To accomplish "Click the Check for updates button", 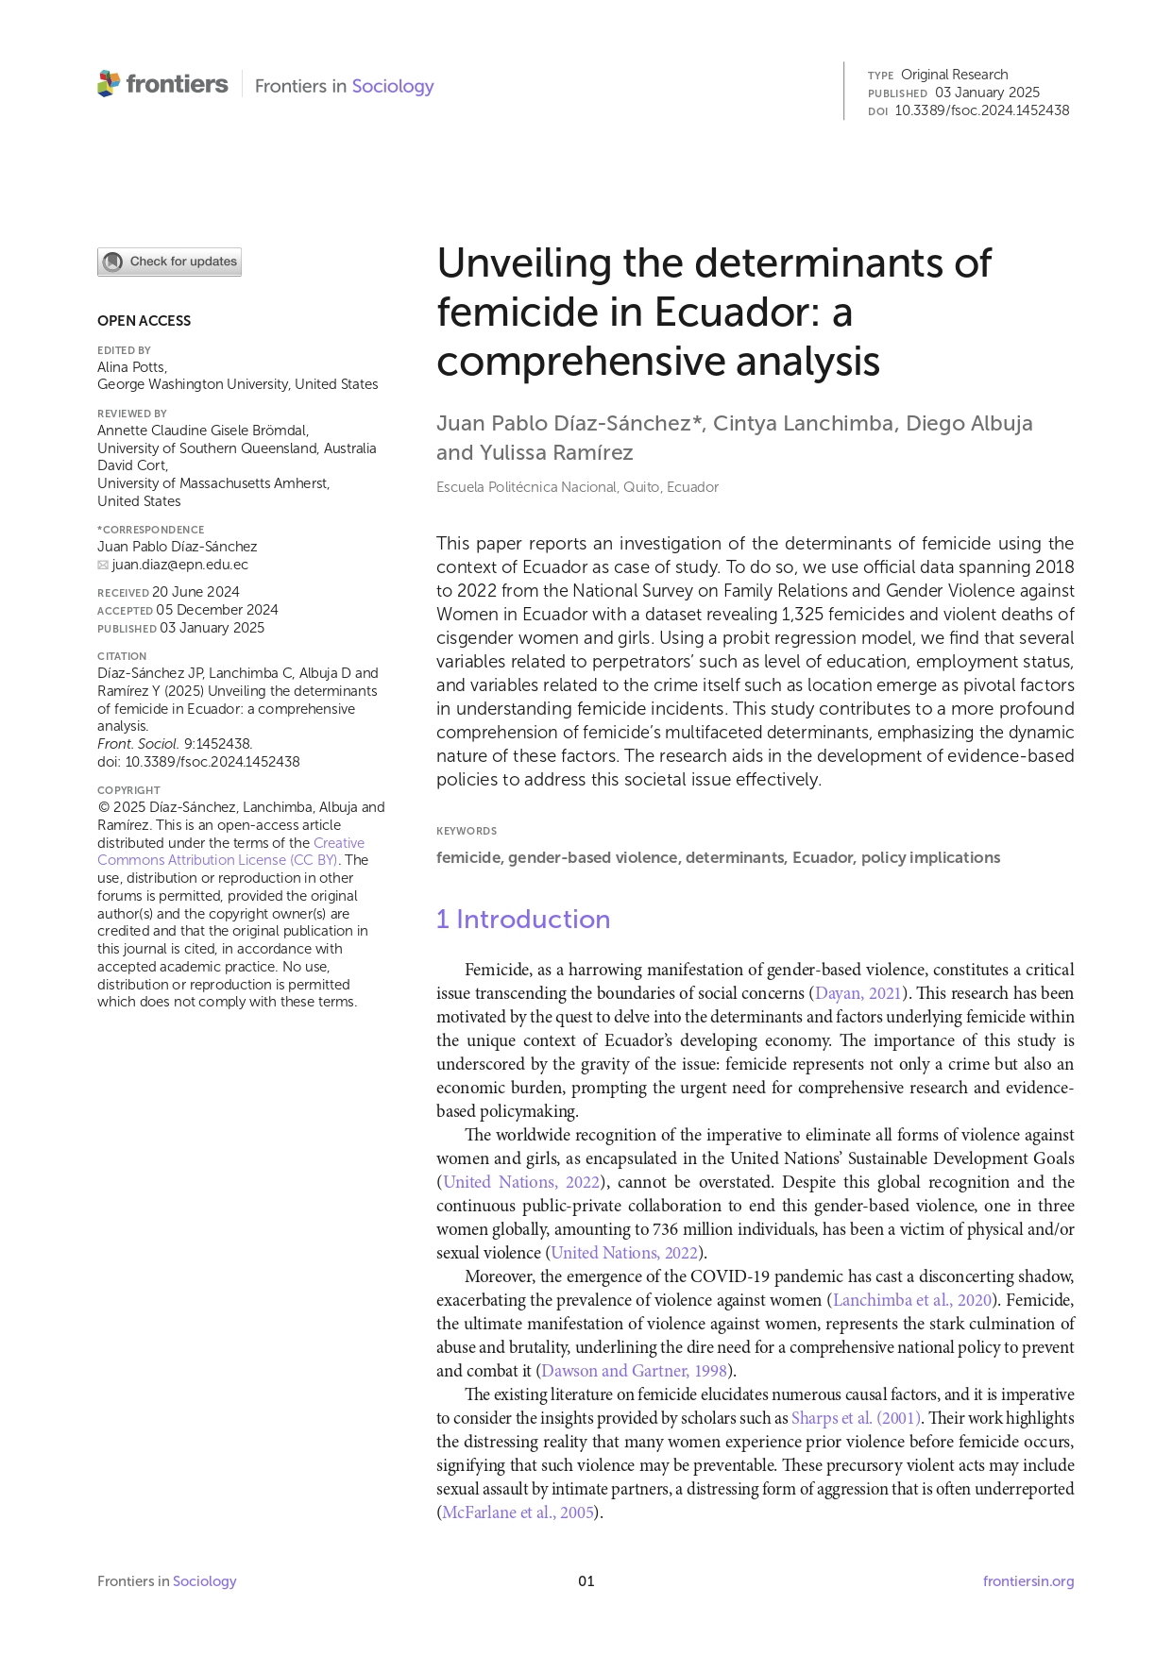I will coord(169,262).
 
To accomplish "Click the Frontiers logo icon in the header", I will coord(109,84).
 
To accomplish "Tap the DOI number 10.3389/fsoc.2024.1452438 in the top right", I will coord(981,110).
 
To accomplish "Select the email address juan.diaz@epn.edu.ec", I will coord(179,565).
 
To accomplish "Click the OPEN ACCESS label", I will coord(144,321).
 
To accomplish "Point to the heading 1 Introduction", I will coord(522,919).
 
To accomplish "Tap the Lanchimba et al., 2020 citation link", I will coord(912,1300).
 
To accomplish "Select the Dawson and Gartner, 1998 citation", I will coord(634,1371).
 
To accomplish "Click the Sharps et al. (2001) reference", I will coord(855,1418).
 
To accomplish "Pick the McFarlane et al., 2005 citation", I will coord(518,1512).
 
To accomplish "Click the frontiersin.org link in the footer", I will coord(1028,1581).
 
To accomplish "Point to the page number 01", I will coord(586,1581).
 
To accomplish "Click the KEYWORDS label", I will coord(466,831).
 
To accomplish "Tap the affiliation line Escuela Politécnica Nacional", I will coord(577,487).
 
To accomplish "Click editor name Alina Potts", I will coord(131,367).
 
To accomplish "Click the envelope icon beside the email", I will coord(103,566).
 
